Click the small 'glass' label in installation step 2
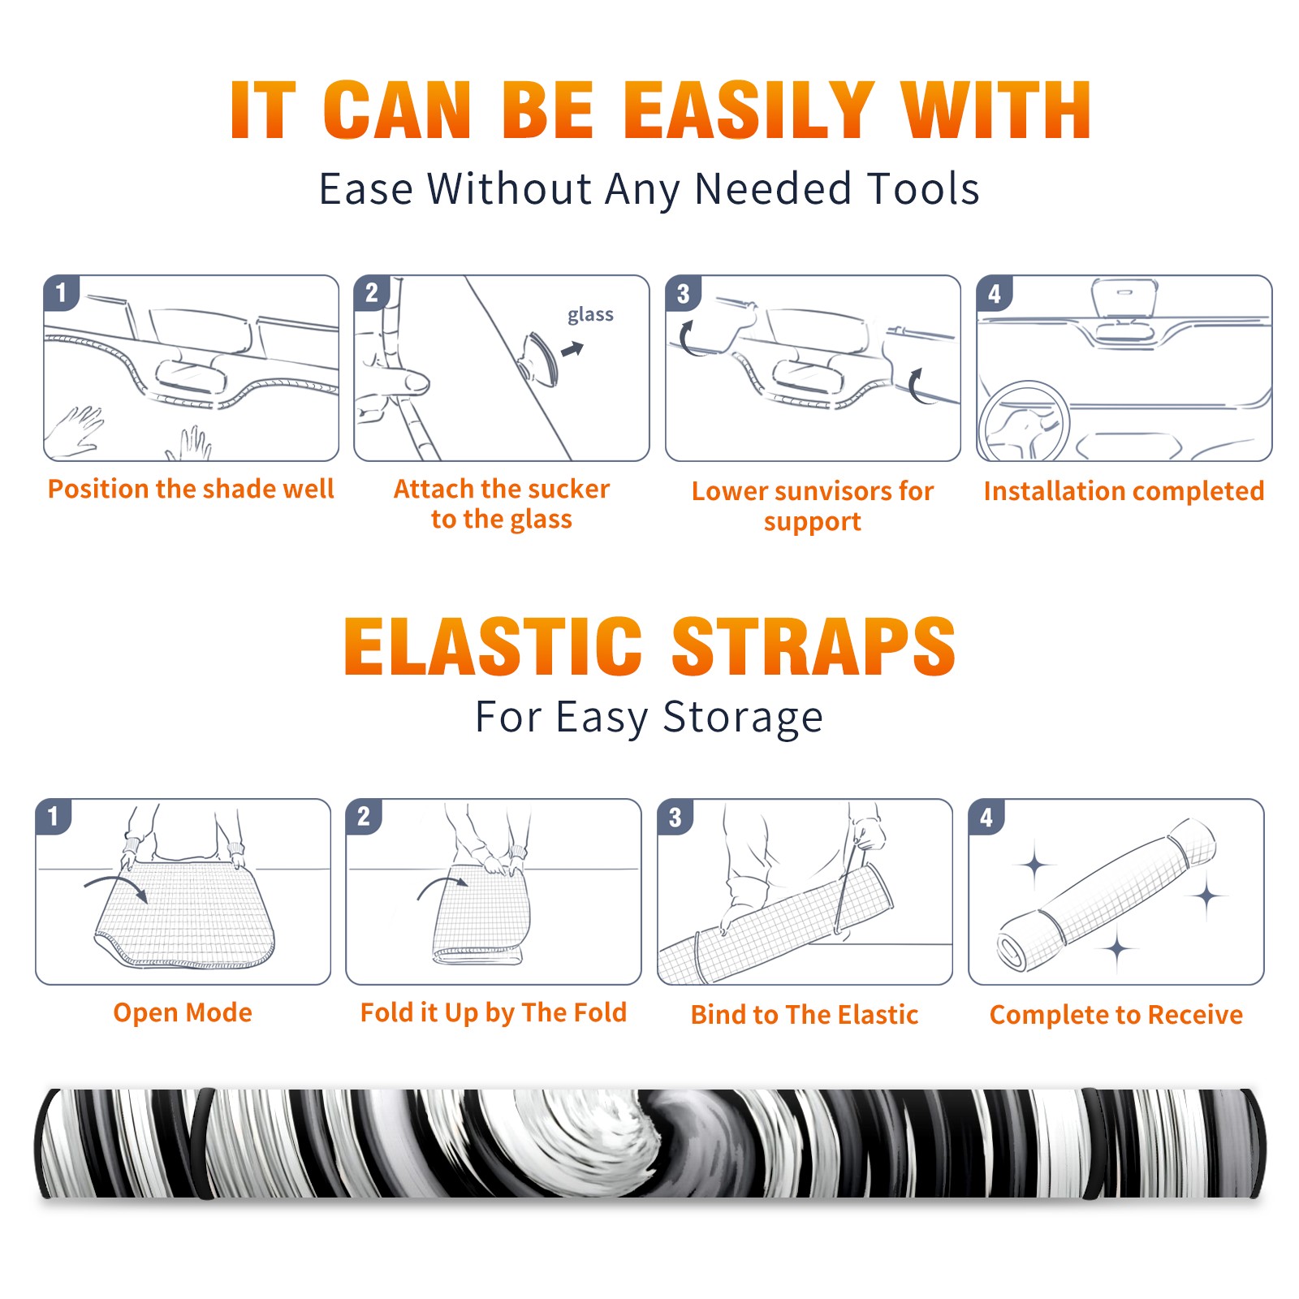(x=590, y=315)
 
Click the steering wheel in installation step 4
(x=1023, y=422)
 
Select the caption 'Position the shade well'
(x=191, y=489)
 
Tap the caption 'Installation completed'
(x=1124, y=491)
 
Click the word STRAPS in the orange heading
(x=813, y=646)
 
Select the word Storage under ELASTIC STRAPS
(x=743, y=718)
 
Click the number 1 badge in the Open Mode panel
(x=54, y=816)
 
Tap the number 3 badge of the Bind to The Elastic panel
(x=675, y=817)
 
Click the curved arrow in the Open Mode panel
(x=117, y=886)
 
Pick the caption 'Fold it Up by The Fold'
(x=494, y=1012)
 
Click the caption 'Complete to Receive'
(x=1116, y=1015)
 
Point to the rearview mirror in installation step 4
(x=1124, y=298)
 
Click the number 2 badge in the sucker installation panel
(x=372, y=292)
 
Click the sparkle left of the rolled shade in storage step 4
(x=1035, y=865)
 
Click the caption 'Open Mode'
(x=183, y=1012)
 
